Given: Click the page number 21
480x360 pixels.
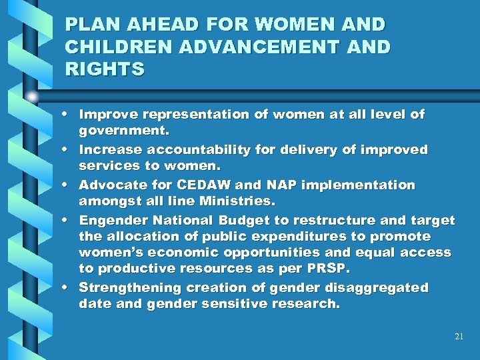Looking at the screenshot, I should coord(459,337).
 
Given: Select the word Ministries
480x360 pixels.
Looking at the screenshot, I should coord(240,201).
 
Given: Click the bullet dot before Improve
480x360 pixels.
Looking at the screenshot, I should coord(69,115).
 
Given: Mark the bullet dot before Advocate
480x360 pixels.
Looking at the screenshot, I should coord(69,185).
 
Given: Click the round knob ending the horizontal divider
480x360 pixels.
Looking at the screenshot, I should coord(32,97).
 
